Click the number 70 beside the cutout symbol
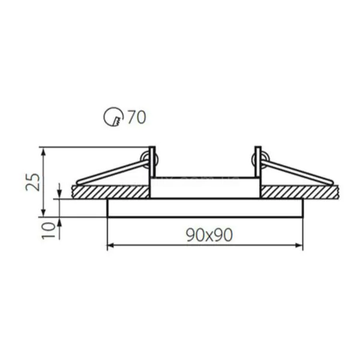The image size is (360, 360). click(x=137, y=117)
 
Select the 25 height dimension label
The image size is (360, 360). click(x=32, y=182)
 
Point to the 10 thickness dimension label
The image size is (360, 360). click(x=49, y=231)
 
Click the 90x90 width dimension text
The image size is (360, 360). click(x=209, y=235)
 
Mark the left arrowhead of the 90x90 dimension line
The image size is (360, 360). click(x=110, y=245)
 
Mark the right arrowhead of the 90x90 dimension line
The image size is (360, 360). click(x=299, y=245)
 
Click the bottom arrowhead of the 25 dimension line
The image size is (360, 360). click(x=44, y=213)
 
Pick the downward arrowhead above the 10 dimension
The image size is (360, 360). click(x=59, y=196)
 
